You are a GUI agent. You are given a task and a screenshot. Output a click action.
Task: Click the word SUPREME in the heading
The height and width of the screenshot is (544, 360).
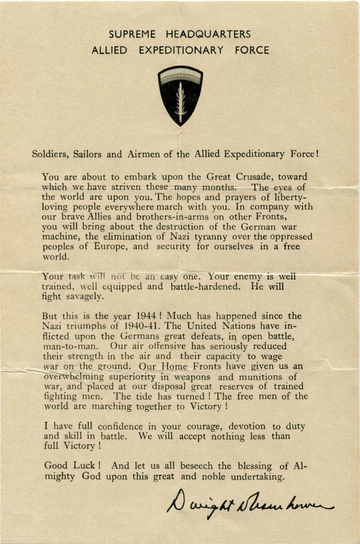132,34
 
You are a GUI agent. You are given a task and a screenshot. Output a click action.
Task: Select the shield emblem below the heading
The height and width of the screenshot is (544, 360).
180,95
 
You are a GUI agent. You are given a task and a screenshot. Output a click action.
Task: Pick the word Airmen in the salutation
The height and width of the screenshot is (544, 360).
155,154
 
